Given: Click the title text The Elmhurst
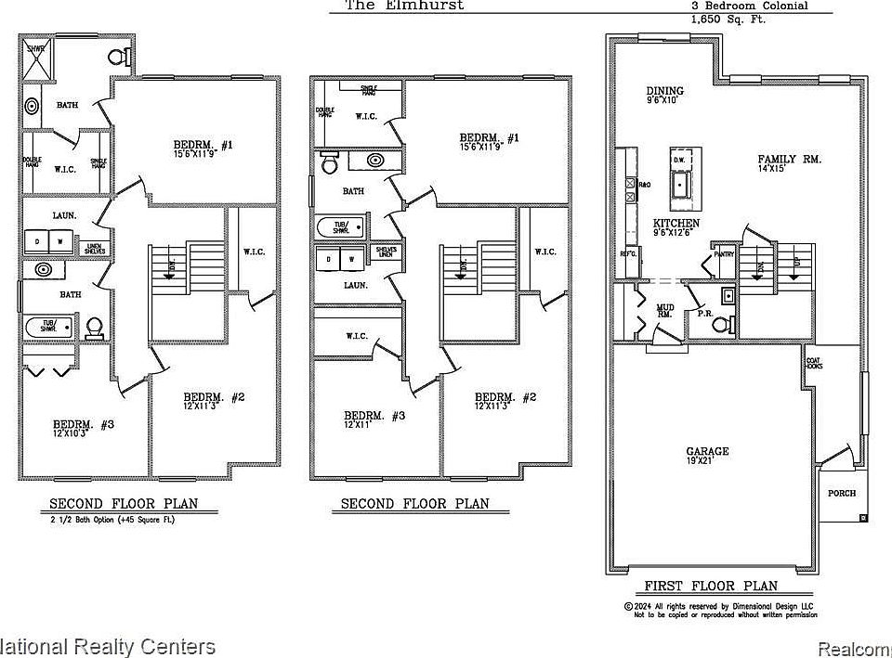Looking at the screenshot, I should pos(404,5).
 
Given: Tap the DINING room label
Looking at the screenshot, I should pos(665,91).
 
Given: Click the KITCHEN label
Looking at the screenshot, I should pos(676,224).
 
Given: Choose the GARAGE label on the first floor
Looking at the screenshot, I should pos(707,452).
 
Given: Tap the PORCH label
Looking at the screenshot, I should pos(841,493).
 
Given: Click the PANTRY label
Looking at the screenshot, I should pos(724,252).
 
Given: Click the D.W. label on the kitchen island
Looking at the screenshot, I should pos(678,161).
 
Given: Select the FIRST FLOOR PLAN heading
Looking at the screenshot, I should pos(711,586).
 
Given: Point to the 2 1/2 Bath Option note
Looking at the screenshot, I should pos(111,521).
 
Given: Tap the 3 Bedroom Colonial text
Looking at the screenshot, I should pos(748,6).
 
